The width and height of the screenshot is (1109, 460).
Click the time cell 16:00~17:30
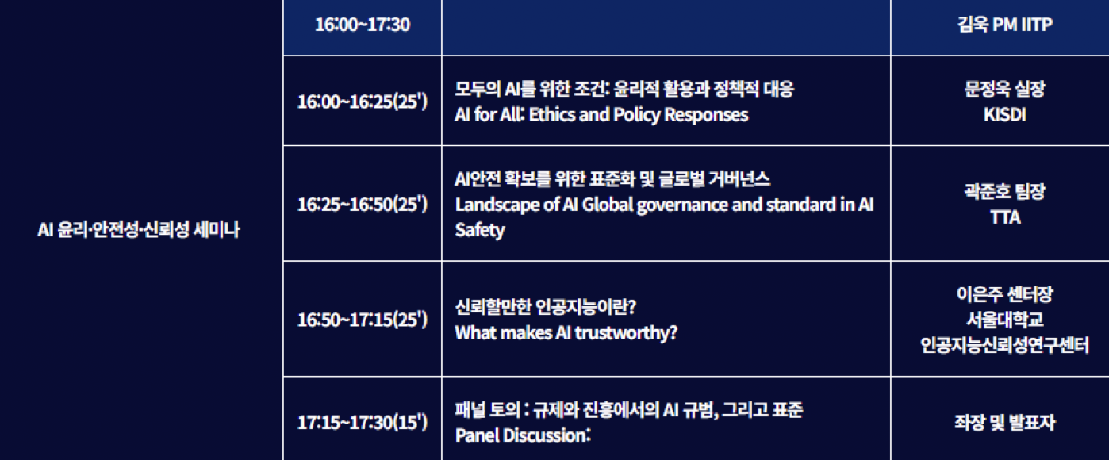coord(363,25)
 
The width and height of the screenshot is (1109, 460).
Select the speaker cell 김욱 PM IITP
coord(1004,25)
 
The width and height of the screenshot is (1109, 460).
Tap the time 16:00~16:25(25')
coord(363,102)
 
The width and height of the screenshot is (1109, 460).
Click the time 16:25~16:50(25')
coord(363,204)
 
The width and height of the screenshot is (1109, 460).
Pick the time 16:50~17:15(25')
coord(363,320)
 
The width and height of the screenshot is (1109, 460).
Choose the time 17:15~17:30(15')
coord(363,423)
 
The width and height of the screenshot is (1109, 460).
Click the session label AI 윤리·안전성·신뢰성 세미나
coord(139,230)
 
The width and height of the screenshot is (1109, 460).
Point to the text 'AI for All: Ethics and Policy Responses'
coord(601,115)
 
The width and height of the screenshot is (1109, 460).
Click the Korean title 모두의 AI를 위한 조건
coord(532,89)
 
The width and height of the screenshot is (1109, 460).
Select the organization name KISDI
coord(1004,115)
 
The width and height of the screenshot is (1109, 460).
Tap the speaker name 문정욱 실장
coord(1004,89)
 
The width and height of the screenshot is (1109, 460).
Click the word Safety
coord(480,230)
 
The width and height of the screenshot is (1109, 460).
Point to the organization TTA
coord(1005,217)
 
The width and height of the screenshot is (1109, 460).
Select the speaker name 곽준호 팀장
coord(1004,192)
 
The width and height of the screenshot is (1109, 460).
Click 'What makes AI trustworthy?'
coord(566,333)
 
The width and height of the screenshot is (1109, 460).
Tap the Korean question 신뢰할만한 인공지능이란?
coord(546,307)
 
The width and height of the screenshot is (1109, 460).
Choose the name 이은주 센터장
coord(1004,294)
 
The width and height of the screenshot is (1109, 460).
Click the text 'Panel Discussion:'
coord(523,435)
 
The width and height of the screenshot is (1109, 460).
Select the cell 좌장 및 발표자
coord(1004,423)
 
